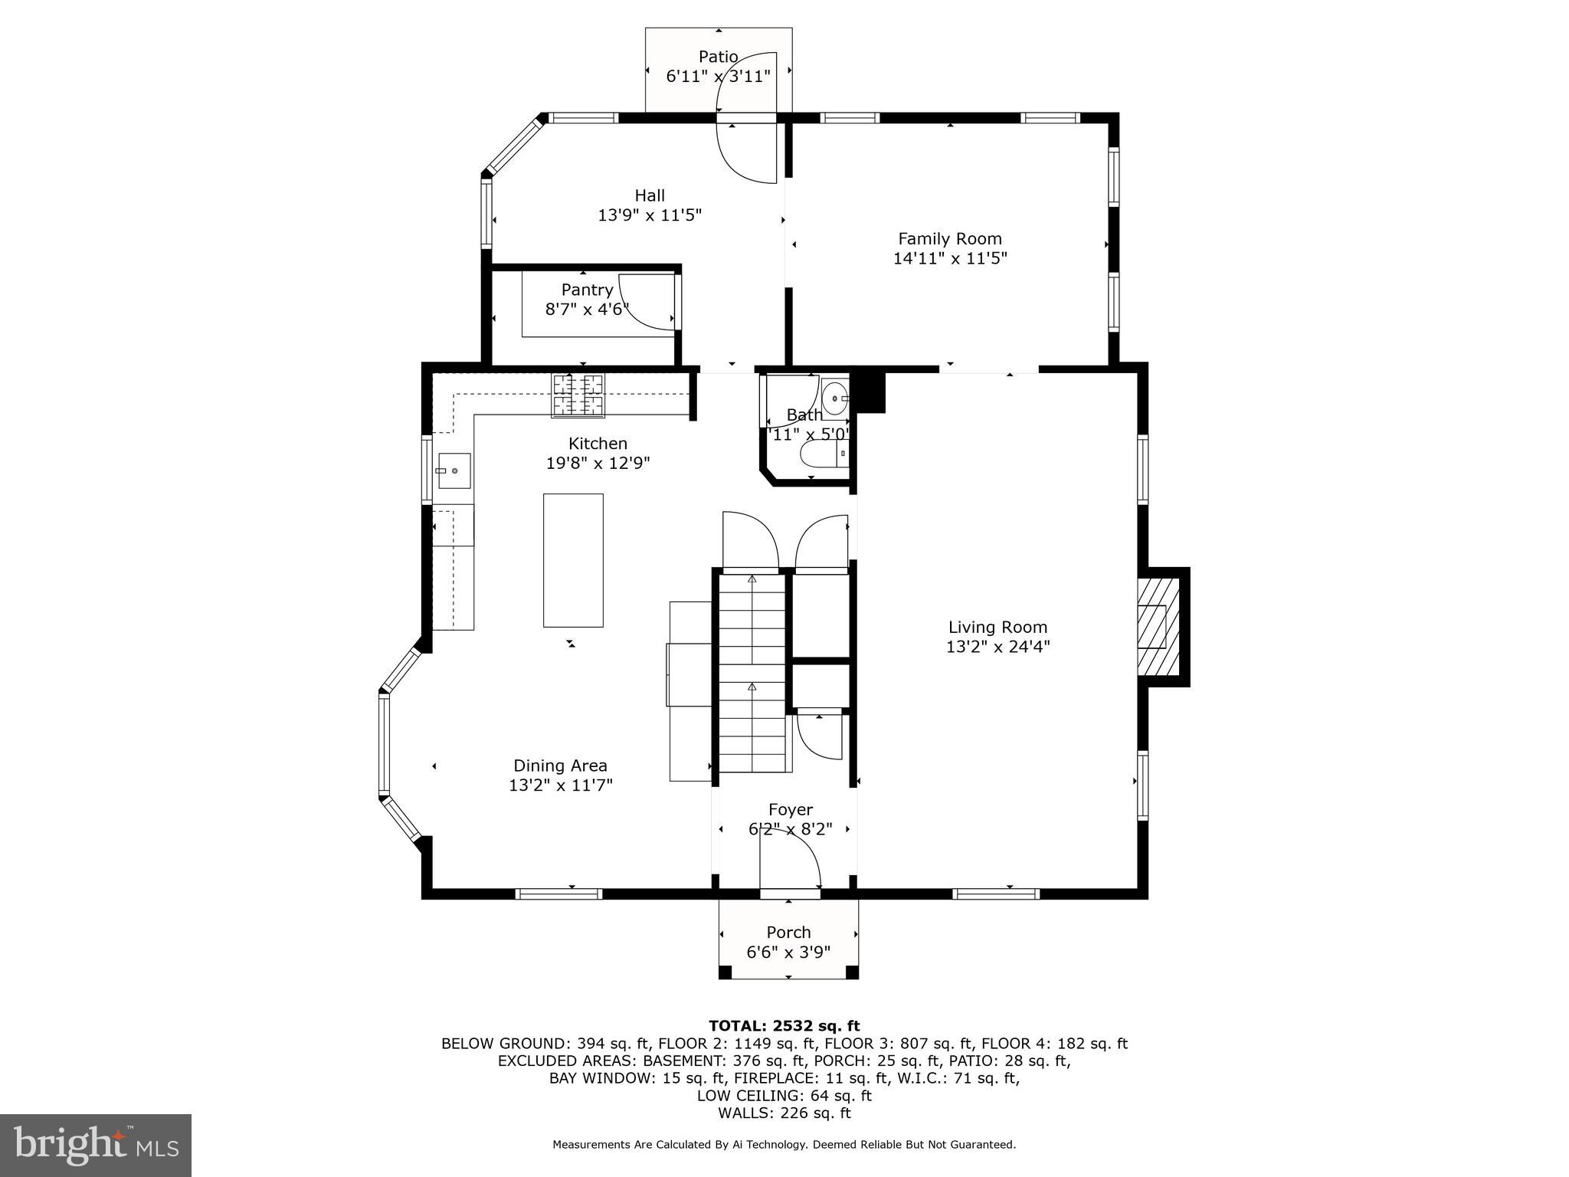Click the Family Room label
[949, 238]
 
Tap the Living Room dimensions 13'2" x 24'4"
[997, 647]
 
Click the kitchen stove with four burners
[578, 395]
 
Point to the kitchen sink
[454, 470]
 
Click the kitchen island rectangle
[573, 560]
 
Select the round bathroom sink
[834, 398]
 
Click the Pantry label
[587, 290]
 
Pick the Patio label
[718, 57]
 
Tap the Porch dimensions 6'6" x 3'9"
[788, 952]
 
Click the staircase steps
[752, 674]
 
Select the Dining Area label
[560, 766]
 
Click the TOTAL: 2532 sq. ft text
[784, 1026]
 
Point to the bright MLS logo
[96, 1146]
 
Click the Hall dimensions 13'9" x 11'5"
[650, 215]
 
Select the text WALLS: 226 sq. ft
[784, 1113]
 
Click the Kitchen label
[598, 443]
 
